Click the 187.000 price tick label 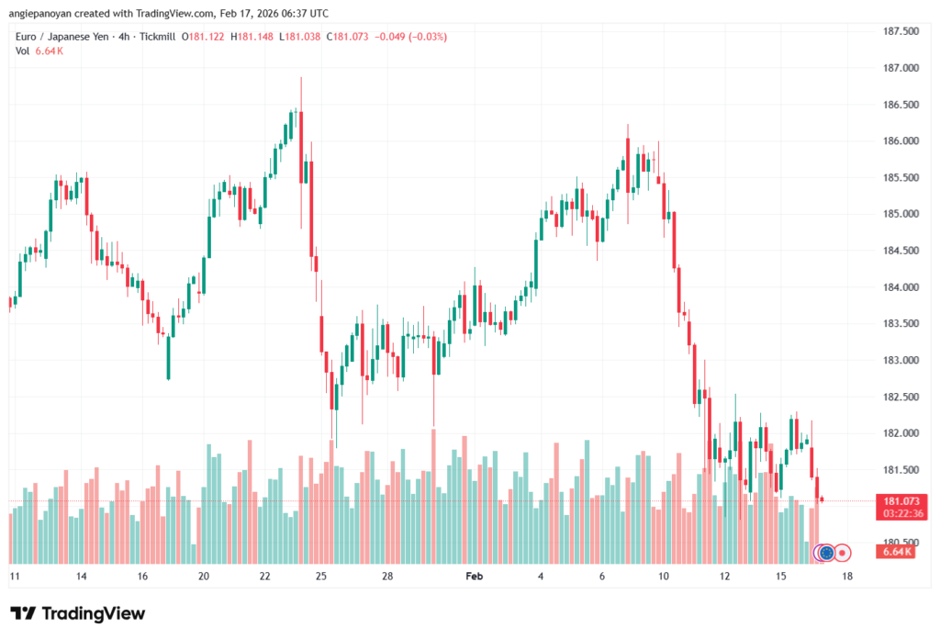[899, 68]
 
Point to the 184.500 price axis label [899, 251]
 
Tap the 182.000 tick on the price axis [899, 433]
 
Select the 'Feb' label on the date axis [474, 577]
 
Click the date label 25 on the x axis [321, 577]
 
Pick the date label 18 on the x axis [846, 577]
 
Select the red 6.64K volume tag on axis [896, 552]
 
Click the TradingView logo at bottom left [77, 613]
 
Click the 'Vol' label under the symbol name [22, 50]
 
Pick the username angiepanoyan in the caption [41, 12]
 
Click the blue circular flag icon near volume [826, 553]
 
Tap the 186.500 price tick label [899, 105]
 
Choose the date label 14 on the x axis [82, 577]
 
